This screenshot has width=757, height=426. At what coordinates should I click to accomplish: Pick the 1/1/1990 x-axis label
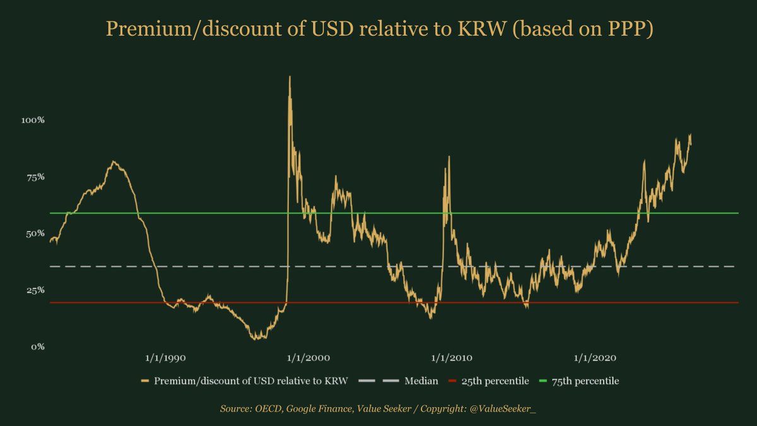coord(165,358)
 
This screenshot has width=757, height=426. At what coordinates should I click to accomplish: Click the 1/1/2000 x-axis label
coord(308,358)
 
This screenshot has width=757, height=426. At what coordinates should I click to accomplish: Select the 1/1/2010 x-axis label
coord(452,358)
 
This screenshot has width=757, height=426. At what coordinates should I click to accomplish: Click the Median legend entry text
coord(422,381)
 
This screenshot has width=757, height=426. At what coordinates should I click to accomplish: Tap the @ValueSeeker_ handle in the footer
coord(503,410)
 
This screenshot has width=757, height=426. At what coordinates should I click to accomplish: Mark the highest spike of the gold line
coord(290,77)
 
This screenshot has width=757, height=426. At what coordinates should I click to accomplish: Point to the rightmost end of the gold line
coord(691,144)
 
